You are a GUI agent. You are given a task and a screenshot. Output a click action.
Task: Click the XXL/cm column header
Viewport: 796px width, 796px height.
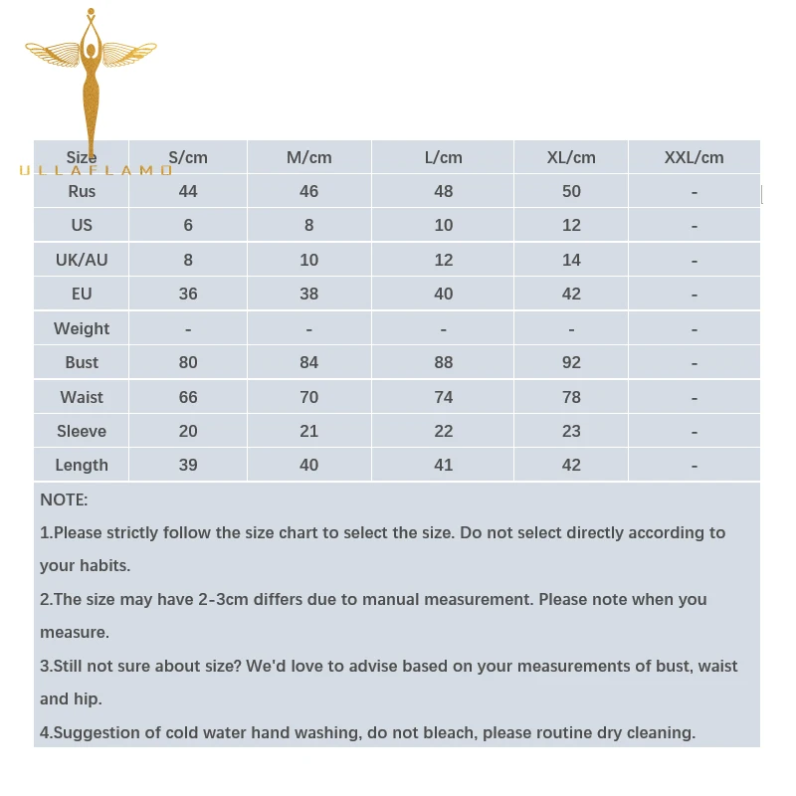[694, 157]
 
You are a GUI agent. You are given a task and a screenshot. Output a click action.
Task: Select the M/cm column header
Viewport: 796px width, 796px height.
[308, 157]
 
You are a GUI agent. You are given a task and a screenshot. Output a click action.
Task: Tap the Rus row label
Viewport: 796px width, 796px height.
[82, 191]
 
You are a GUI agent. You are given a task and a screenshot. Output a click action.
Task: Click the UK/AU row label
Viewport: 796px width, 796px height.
[82, 260]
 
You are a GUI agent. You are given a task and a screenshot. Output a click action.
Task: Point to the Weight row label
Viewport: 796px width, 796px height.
[82, 328]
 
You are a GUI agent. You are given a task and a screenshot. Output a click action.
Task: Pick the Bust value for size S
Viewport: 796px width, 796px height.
[188, 362]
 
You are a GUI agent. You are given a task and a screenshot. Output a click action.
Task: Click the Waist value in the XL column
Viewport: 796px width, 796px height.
[571, 397]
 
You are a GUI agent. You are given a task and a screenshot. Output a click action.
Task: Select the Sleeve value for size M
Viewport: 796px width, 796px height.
[308, 431]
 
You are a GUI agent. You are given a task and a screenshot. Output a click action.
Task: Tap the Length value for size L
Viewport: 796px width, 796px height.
[444, 465]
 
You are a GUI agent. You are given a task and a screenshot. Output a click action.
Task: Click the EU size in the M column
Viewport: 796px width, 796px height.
[308, 294]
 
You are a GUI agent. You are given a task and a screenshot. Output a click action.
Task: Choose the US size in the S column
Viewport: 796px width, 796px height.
[188, 225]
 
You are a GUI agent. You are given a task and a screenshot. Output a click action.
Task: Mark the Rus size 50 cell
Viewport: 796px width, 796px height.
[571, 191]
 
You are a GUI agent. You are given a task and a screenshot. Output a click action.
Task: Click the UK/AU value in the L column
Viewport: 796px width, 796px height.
[444, 260]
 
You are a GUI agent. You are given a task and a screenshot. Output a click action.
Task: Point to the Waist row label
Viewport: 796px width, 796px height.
[82, 397]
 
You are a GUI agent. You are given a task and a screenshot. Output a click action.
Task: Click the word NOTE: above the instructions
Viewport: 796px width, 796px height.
[64, 499]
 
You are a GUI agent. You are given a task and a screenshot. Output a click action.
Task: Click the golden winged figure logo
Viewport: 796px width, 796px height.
[92, 85]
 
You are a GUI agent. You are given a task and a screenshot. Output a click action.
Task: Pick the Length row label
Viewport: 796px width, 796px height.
[82, 465]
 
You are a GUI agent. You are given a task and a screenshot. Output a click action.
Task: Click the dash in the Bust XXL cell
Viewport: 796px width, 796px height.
[694, 363]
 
